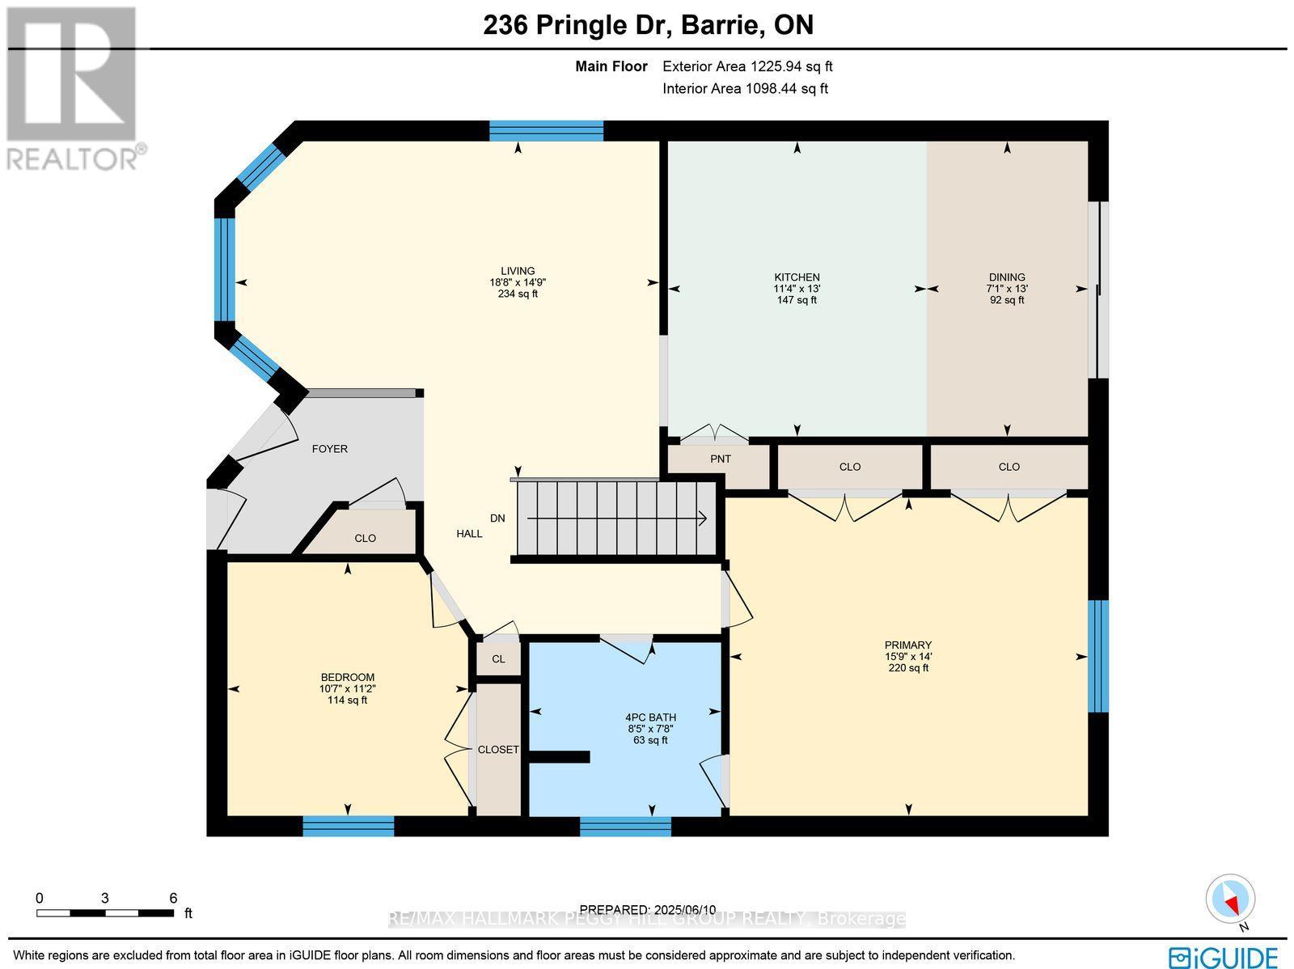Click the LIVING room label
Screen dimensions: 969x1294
tap(518, 271)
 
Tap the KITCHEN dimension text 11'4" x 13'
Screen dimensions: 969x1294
tap(797, 289)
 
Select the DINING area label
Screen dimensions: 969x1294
tap(1006, 277)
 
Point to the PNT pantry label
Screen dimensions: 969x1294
tap(720, 459)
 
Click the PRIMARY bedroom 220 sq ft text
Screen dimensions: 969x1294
tap(908, 668)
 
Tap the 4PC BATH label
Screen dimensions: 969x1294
tap(650, 717)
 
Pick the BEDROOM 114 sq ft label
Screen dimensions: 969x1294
tap(348, 700)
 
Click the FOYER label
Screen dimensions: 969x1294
tap(330, 449)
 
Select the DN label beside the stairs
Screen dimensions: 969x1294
tap(497, 518)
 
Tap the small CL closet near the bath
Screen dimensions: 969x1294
tap(498, 659)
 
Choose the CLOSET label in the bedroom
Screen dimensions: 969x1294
tap(498, 750)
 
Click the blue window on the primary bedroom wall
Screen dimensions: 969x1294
tap(1097, 656)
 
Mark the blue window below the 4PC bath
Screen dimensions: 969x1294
tap(625, 826)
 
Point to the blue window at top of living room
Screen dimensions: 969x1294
tap(547, 130)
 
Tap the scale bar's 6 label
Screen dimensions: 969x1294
tap(173, 898)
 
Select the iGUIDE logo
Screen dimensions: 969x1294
tap(1226, 957)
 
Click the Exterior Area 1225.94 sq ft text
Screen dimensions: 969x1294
tap(747, 67)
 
